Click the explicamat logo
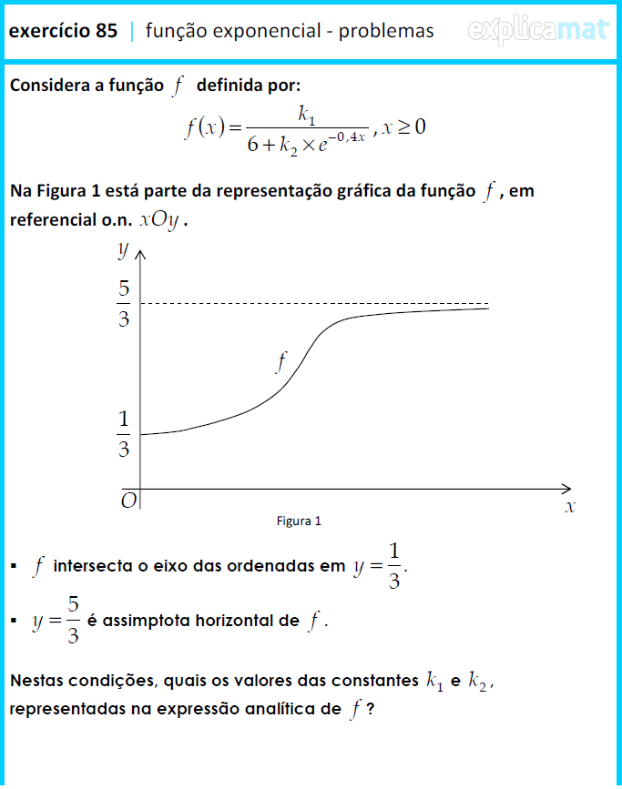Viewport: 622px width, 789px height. point(537,31)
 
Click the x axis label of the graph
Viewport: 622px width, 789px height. point(570,506)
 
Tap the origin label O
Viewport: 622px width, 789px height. point(128,501)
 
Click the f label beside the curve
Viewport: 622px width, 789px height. point(281,362)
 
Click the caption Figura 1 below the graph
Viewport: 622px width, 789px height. point(299,521)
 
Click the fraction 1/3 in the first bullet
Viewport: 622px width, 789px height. point(393,566)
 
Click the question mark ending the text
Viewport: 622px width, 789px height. point(371,709)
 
